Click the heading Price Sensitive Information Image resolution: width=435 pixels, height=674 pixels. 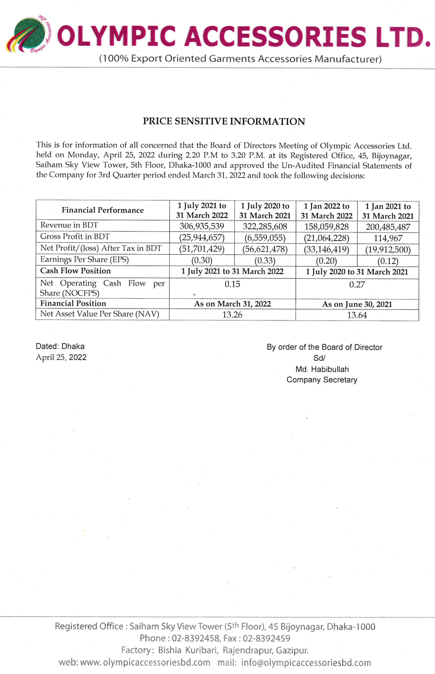point(223,122)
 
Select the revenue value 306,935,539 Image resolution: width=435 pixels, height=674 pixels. point(202,225)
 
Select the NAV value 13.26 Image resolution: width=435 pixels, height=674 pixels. point(233,314)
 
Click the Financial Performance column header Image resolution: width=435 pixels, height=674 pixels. point(103,210)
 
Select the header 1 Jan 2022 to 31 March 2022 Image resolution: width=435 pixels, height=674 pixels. point(326,210)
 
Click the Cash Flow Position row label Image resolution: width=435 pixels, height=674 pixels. point(76,270)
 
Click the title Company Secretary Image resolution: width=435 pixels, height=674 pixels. point(322,380)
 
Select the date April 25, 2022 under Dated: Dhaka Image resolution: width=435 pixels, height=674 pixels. point(61,357)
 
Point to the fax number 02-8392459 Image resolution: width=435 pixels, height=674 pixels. point(265,638)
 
